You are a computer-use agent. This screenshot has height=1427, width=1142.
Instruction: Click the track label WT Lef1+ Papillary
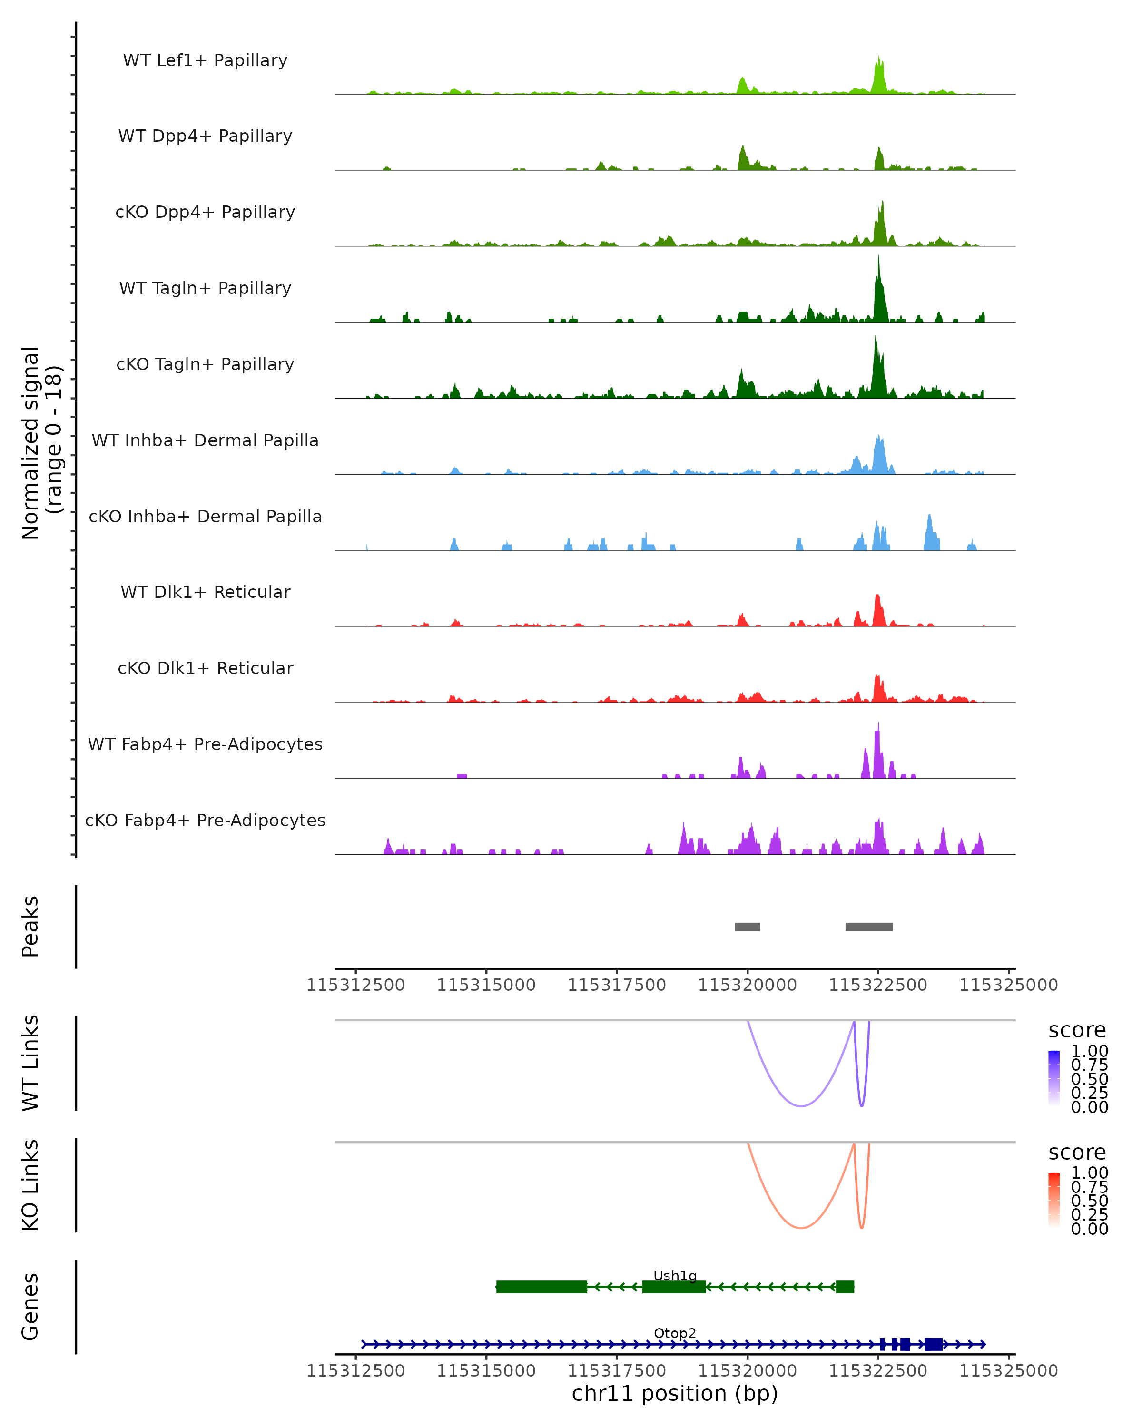click(205, 60)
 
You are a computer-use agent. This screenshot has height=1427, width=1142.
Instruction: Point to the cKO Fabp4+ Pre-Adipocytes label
click(205, 820)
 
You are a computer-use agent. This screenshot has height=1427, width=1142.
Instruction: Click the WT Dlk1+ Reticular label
click(205, 592)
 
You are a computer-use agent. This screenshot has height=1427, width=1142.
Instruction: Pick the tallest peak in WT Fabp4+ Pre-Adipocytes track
click(878, 726)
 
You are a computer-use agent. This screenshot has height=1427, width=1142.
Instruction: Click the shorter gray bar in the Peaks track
click(748, 927)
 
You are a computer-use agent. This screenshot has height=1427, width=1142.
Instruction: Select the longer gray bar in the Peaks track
click(868, 927)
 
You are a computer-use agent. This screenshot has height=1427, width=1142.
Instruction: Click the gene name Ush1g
click(675, 1275)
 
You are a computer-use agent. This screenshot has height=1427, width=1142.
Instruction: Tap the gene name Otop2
click(675, 1333)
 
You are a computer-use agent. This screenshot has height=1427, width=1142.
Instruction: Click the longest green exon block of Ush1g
click(541, 1287)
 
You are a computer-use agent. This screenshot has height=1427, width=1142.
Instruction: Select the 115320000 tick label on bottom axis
click(748, 1371)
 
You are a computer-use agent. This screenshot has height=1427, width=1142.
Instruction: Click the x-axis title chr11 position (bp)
click(675, 1393)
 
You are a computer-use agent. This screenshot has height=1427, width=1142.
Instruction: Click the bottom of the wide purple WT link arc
click(801, 1106)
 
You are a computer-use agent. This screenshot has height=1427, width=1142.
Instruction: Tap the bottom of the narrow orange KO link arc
click(861, 1228)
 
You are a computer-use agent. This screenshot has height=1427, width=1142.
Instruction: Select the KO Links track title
click(30, 1185)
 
